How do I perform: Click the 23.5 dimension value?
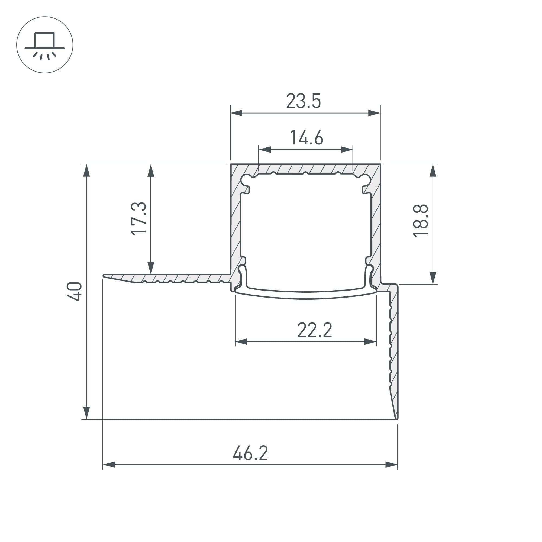304,101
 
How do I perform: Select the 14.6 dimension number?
306,137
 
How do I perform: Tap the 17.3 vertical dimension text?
139,218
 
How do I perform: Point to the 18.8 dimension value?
421,221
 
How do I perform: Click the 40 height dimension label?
74,292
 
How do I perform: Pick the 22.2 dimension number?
315,330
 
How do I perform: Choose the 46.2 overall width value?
250,453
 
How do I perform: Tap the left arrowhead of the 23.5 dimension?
236,113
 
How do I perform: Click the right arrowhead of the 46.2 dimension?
391,464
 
